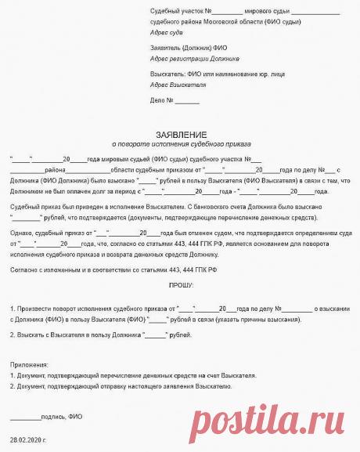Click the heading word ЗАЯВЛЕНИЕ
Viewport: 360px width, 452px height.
(180, 135)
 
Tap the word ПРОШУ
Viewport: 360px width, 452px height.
(180, 287)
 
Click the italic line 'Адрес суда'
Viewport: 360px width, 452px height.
(166, 33)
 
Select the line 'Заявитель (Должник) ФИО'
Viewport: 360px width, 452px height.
(183, 49)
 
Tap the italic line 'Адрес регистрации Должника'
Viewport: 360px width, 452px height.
(194, 58)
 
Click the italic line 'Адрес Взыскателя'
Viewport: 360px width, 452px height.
(177, 84)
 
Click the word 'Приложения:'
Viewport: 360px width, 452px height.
(29, 365)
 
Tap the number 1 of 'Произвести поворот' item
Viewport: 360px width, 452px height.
(13, 309)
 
